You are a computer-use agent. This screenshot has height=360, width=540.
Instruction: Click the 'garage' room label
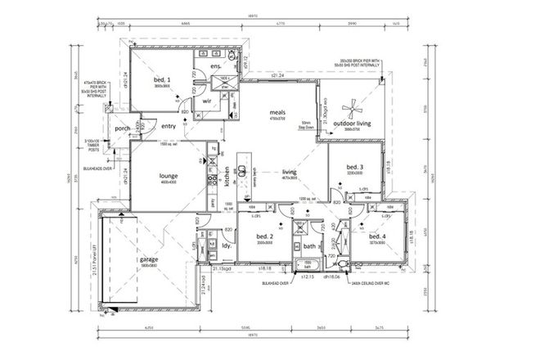click(x=148, y=259)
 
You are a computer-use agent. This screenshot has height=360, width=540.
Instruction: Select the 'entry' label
click(x=169, y=126)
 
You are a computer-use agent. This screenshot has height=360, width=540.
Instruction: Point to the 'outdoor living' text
click(x=353, y=122)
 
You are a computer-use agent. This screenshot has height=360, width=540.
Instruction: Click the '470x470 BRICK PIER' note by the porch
click(x=98, y=88)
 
